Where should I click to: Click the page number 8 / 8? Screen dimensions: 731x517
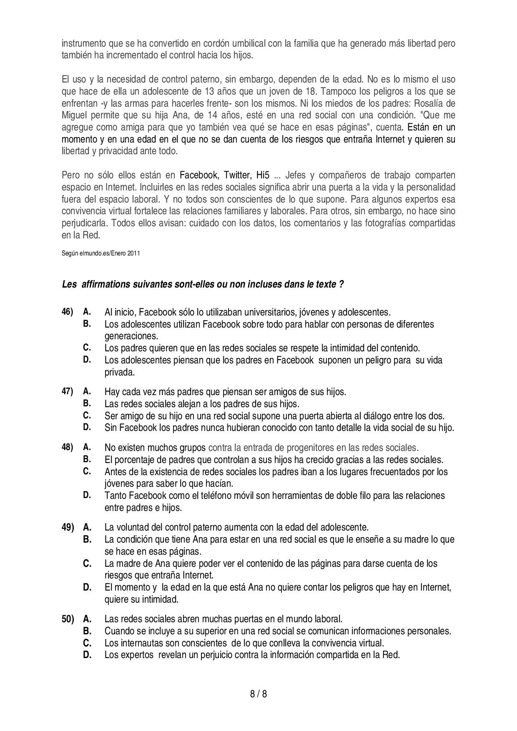click(x=258, y=694)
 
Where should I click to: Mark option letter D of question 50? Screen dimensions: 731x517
click(x=87, y=654)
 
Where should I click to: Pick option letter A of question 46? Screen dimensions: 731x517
click(x=87, y=311)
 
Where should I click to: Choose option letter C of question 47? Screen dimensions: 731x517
click(x=87, y=415)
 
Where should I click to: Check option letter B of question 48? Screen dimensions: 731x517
click(x=87, y=459)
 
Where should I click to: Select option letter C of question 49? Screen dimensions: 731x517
click(x=87, y=563)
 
